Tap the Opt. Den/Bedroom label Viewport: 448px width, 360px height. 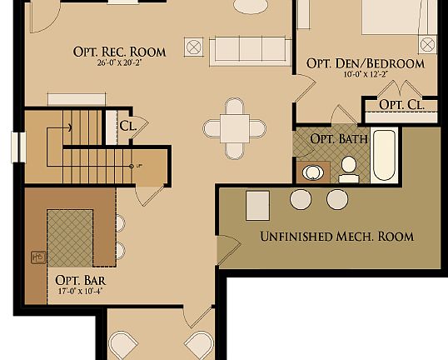365,63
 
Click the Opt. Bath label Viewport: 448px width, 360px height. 333,138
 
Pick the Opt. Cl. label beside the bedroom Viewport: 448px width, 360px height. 401,104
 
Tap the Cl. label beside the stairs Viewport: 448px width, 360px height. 128,126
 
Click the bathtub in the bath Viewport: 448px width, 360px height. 383,155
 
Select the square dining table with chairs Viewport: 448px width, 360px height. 235,128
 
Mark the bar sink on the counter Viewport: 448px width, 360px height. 38,257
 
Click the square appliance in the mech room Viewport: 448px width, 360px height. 257,203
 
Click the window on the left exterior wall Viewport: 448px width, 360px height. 15,147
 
